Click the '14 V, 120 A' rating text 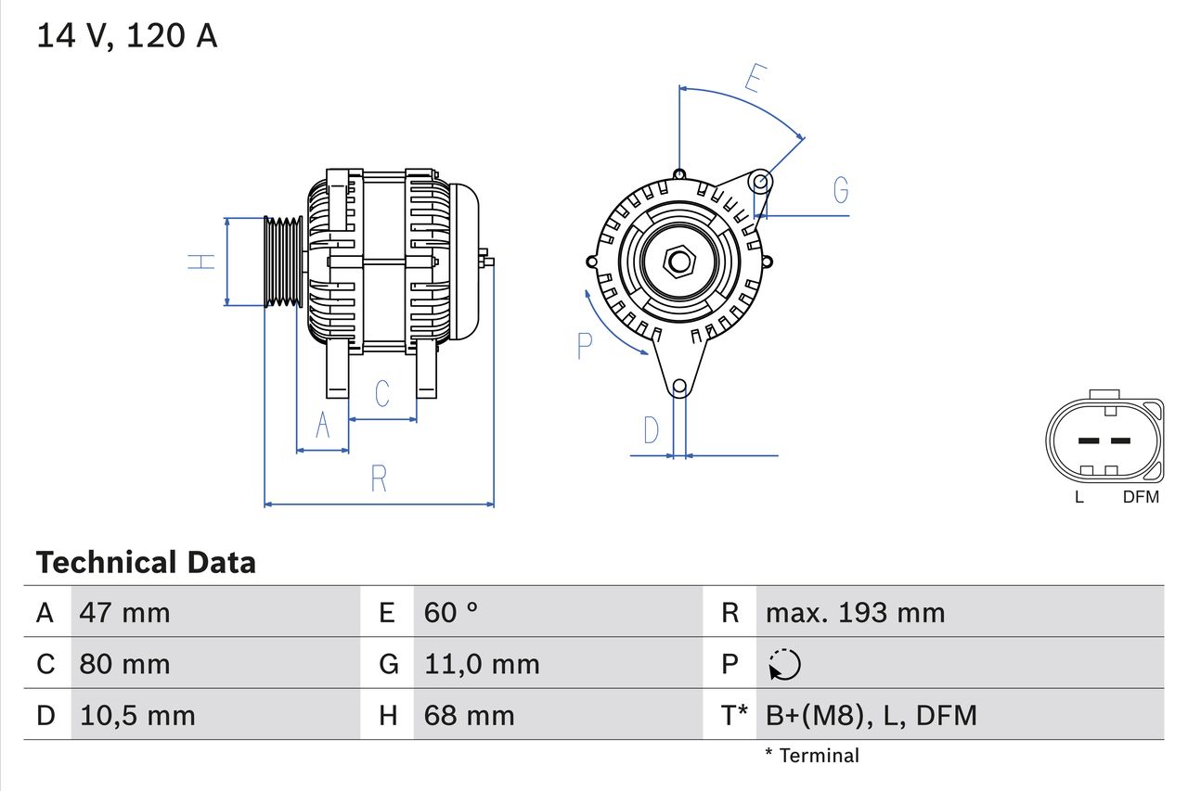[x=127, y=36]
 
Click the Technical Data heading [x=146, y=563]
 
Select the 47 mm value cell [x=125, y=612]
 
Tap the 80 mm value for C [x=125, y=664]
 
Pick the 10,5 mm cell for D [x=137, y=715]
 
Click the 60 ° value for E [x=451, y=612]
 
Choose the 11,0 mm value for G [x=482, y=664]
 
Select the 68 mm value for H [x=469, y=715]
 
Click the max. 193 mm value [x=855, y=612]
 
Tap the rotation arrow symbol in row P [x=784, y=664]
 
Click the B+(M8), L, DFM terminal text [x=871, y=715]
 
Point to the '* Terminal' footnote [x=812, y=756]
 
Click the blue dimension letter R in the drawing [x=379, y=479]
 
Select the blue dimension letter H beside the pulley [x=201, y=262]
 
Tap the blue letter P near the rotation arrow [x=584, y=346]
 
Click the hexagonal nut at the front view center [x=679, y=262]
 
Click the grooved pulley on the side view [x=283, y=262]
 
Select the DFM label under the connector [x=1141, y=497]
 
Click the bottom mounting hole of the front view [x=679, y=386]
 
